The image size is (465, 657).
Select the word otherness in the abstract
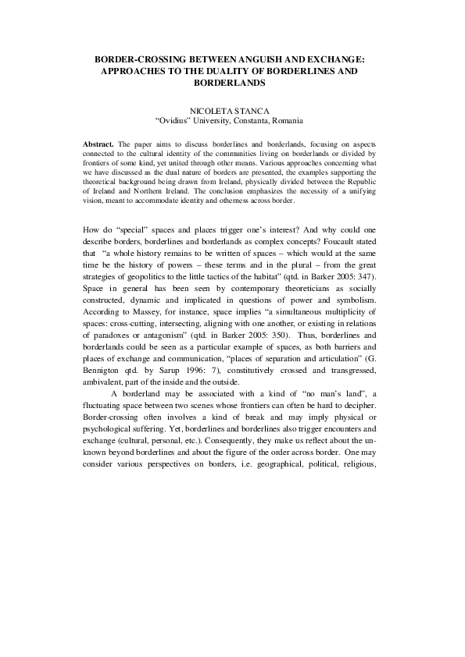(255, 201)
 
